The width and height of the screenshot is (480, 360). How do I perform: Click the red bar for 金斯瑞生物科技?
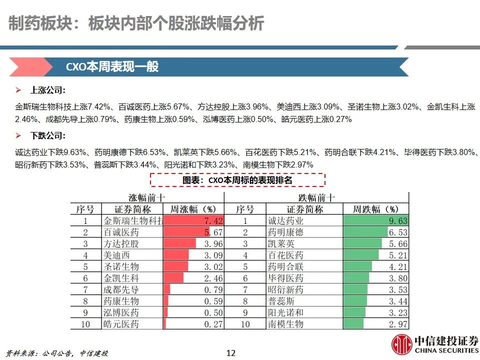coord(193,220)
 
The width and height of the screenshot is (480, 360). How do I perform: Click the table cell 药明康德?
coord(285,232)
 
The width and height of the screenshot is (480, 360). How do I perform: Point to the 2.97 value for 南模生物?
coord(397,324)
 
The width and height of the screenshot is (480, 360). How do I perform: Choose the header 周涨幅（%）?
coord(193,209)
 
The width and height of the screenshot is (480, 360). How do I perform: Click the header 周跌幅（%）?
coord(375,209)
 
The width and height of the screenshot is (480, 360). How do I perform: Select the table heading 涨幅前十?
coord(147,197)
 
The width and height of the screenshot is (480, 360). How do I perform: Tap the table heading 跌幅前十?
coord(316,197)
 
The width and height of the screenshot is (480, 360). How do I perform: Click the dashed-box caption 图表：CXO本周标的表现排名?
coord(237,180)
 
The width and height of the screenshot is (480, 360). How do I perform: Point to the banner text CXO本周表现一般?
coord(112,67)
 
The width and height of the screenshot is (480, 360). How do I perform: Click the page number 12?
coord(230,352)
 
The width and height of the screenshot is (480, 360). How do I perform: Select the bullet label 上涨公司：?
coord(48,90)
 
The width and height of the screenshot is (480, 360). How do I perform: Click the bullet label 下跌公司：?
coord(48,135)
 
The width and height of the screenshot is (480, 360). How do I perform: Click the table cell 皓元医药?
coord(121,324)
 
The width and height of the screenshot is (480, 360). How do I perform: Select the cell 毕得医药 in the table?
coord(285,278)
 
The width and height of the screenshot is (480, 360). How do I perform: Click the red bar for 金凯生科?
coord(173,278)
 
